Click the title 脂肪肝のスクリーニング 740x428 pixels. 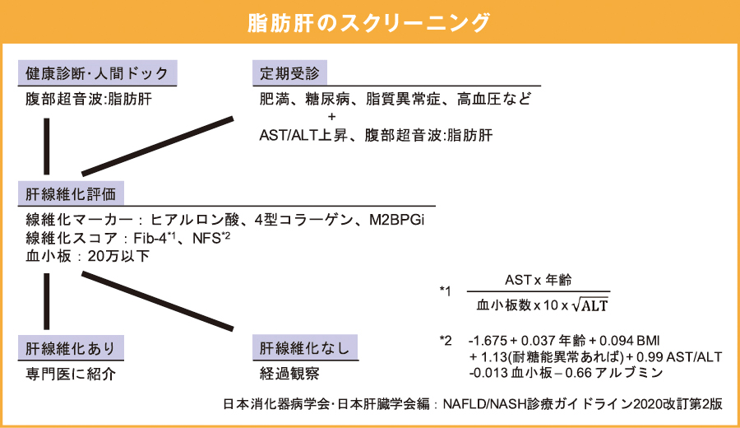[x=369, y=22]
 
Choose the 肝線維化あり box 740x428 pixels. [x=70, y=347]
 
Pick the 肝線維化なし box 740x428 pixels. [x=305, y=347]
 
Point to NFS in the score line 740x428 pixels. [x=206, y=239]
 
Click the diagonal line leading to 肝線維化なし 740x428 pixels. [x=164, y=301]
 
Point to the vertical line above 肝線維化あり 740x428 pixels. [x=47, y=301]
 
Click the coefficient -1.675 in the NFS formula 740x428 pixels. [x=486, y=340]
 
